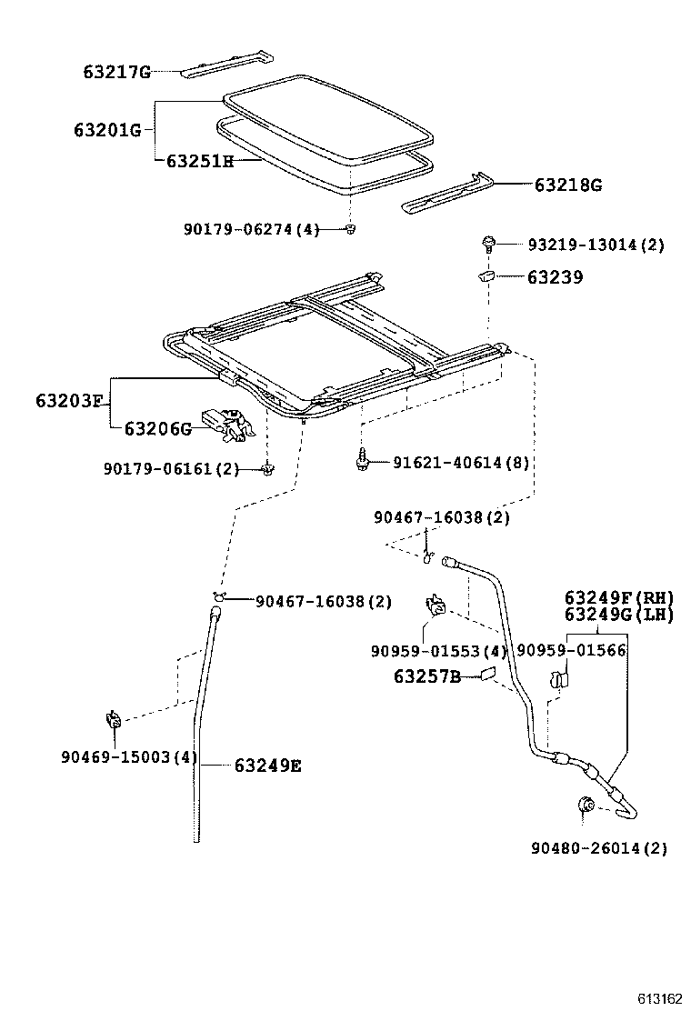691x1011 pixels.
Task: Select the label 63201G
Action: click(107, 130)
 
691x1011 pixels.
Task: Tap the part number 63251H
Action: click(200, 161)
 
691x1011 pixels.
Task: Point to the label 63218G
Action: click(567, 185)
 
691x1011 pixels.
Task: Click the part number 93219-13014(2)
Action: click(596, 245)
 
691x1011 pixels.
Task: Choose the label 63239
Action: click(555, 277)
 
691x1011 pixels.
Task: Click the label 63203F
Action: click(70, 400)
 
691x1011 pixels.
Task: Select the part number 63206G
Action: click(157, 428)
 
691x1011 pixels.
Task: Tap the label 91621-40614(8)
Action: click(461, 463)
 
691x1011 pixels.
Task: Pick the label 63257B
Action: click(427, 676)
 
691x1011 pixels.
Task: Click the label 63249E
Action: click(267, 766)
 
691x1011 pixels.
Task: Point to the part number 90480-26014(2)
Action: click(599, 848)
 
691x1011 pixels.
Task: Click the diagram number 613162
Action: click(658, 998)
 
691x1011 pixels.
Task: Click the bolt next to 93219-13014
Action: click(489, 244)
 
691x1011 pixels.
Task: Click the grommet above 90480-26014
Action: click(586, 804)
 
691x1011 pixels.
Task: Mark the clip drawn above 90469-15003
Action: click(115, 720)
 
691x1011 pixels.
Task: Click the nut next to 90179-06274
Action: click(350, 229)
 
